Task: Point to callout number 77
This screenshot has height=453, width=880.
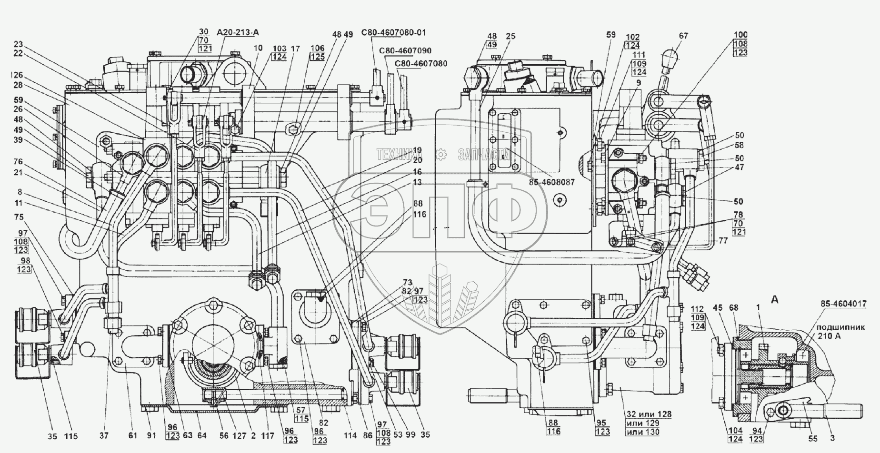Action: coord(723,241)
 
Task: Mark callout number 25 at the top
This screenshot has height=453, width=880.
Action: coord(510,36)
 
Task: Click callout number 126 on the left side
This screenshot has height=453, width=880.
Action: coord(17,75)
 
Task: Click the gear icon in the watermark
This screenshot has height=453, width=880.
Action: coord(440,154)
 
